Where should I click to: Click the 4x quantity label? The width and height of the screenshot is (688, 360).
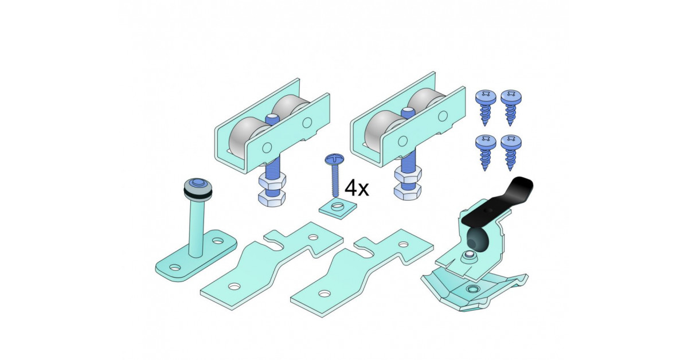pyautogui.click(x=356, y=188)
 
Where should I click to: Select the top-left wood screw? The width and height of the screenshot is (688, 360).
pyautogui.click(x=485, y=107)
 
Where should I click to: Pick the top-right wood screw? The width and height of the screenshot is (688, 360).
pyautogui.click(x=511, y=107)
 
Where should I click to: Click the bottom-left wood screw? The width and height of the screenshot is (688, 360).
pyautogui.click(x=485, y=152)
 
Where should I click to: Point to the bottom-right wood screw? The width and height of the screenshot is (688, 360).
pyautogui.click(x=511, y=152)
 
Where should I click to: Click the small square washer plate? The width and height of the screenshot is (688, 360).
pyautogui.click(x=338, y=209)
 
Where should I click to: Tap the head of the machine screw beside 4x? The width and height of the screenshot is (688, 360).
pyautogui.click(x=334, y=159)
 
